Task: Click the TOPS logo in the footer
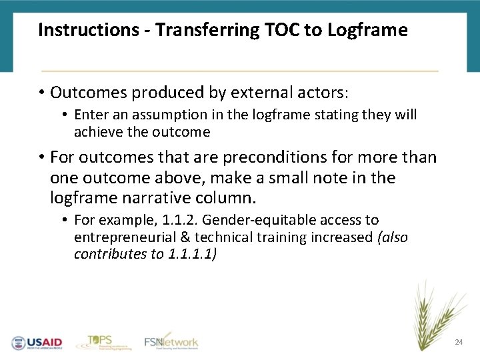[x=100, y=341]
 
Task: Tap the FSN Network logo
[x=171, y=341]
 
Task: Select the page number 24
[x=458, y=342]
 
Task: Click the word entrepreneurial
[x=119, y=237]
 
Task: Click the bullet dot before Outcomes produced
[x=41, y=91]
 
